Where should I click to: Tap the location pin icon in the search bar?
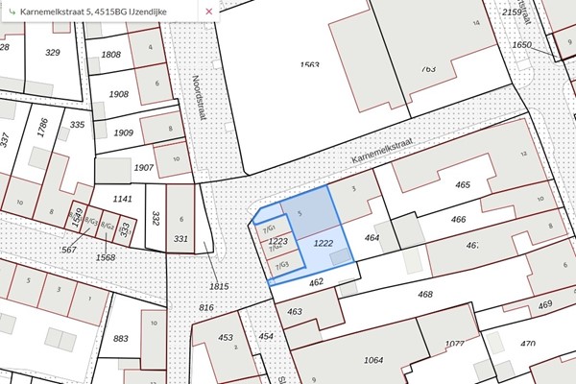point(10,11)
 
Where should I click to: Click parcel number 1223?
point(278,241)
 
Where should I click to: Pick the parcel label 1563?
point(309,64)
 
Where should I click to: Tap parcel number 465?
point(463,185)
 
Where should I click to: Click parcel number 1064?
point(374,360)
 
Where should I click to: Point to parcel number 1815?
point(219,285)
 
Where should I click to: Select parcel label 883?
point(121,338)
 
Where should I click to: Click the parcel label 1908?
point(119,94)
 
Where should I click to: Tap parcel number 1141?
point(122,199)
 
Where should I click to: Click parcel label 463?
point(295,311)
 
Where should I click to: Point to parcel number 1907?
point(144,168)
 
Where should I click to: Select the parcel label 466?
point(458,220)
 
